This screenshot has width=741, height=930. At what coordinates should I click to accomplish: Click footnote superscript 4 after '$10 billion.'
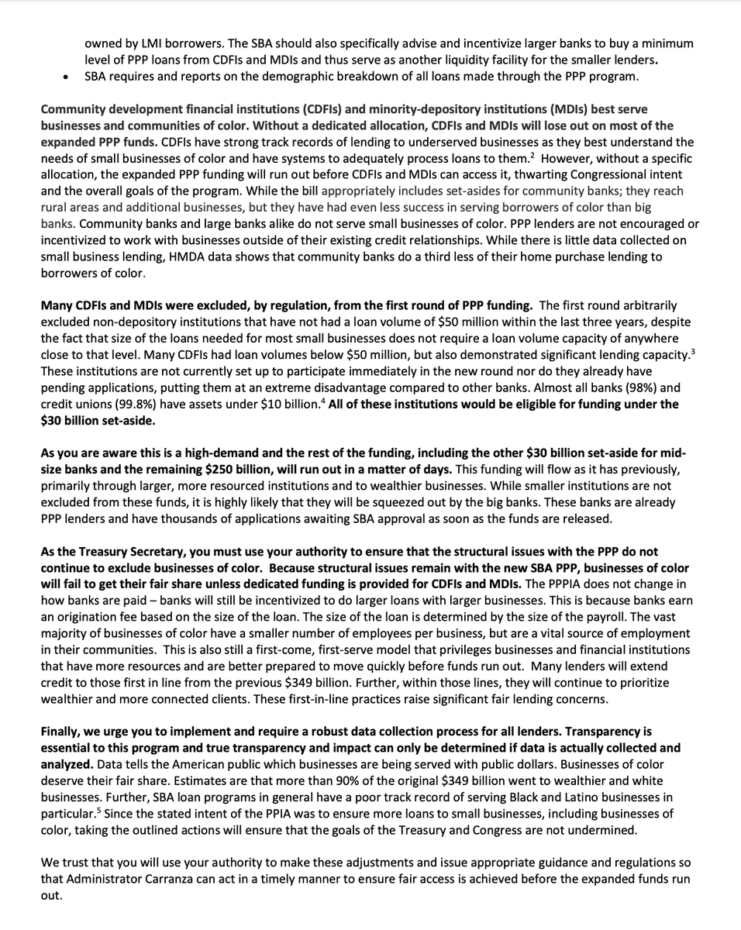322,401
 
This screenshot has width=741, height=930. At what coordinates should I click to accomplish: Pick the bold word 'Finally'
63,732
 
